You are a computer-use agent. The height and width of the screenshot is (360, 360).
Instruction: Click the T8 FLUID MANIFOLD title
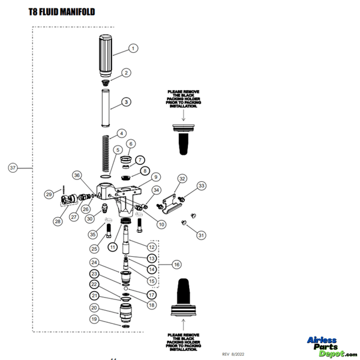pyautogui.click(x=62, y=11)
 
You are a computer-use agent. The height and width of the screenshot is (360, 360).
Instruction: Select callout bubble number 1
pyautogui.click(x=133, y=47)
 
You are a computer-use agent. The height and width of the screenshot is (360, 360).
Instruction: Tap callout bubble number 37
pyautogui.click(x=13, y=168)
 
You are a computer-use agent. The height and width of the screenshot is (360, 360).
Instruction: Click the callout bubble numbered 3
pyautogui.click(x=126, y=102)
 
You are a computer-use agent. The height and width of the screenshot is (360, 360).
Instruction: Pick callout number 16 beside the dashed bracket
pyautogui.click(x=176, y=265)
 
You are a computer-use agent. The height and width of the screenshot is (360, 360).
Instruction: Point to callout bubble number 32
pyautogui.click(x=182, y=178)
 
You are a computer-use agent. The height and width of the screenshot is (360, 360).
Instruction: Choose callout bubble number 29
pyautogui.click(x=49, y=194)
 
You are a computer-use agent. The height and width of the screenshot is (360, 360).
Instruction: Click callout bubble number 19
pyautogui.click(x=94, y=319)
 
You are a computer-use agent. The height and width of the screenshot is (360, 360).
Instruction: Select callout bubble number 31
pyautogui.click(x=202, y=235)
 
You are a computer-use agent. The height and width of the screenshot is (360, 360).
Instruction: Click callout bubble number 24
pyautogui.click(x=94, y=262)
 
